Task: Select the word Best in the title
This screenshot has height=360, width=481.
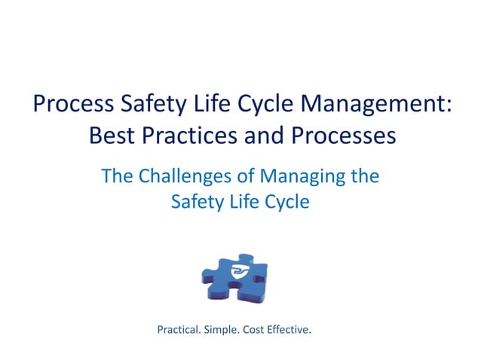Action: click(x=110, y=137)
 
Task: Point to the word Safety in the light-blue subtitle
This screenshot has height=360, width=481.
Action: click(x=197, y=202)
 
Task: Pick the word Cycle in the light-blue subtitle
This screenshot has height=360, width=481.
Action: click(x=285, y=202)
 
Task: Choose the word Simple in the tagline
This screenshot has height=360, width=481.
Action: click(x=227, y=329)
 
